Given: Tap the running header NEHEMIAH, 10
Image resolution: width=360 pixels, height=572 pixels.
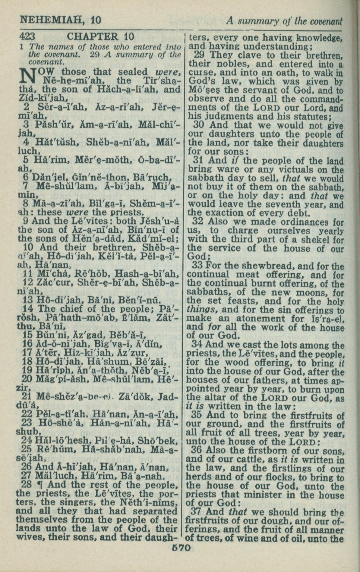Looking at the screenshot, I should point(60,20).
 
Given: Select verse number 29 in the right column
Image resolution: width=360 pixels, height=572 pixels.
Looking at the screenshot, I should point(199,55).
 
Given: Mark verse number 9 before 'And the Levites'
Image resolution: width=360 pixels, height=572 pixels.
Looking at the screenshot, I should point(26,221).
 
